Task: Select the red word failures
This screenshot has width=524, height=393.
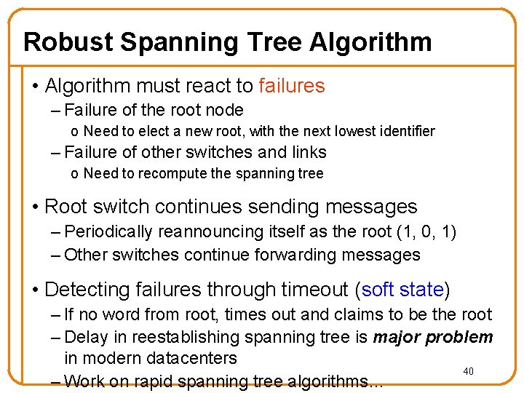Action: [x=291, y=86]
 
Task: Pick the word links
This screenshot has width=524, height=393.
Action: [x=309, y=152]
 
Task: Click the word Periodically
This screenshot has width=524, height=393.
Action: [x=108, y=231]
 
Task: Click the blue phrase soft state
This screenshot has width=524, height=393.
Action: [x=402, y=290]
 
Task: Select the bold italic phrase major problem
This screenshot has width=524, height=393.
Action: [x=433, y=337]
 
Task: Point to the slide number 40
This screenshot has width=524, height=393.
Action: [x=469, y=372]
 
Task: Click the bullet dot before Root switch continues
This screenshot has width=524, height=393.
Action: [x=36, y=207]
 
